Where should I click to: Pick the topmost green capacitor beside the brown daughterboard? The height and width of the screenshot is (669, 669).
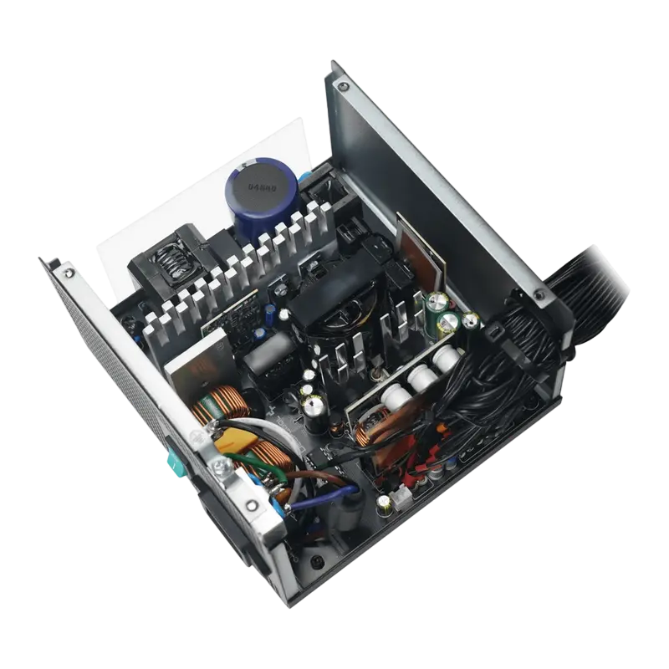[437, 299]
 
